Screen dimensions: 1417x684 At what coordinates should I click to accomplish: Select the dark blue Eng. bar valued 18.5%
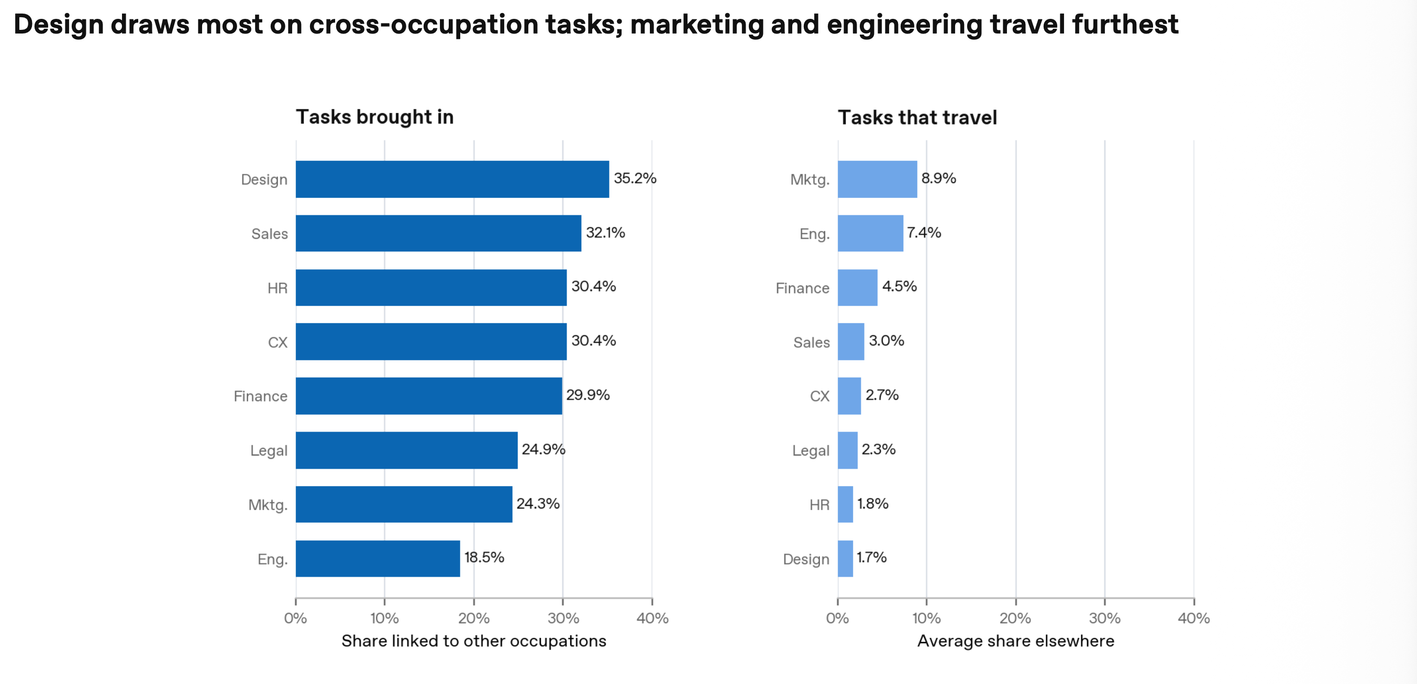tap(378, 558)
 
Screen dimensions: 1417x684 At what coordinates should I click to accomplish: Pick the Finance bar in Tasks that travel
tap(858, 287)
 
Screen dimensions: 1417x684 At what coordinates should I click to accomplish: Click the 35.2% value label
tap(635, 178)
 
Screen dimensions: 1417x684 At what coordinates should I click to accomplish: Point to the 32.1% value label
tap(605, 232)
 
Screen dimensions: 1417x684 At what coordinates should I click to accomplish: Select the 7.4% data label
tap(924, 232)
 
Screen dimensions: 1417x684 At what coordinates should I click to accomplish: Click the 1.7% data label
tap(871, 557)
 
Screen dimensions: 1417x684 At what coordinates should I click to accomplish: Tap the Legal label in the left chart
tap(269, 451)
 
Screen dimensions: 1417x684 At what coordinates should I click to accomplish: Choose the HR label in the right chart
tap(819, 504)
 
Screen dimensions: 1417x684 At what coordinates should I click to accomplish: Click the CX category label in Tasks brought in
tap(278, 343)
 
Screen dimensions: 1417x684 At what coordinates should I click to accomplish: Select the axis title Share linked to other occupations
tap(473, 641)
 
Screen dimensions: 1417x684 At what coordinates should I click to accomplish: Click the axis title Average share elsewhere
tap(1015, 641)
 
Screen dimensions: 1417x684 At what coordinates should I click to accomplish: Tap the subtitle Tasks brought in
tap(374, 117)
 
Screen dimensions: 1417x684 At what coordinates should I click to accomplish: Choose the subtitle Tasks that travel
tap(917, 117)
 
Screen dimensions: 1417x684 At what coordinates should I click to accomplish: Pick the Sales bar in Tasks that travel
tap(851, 341)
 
